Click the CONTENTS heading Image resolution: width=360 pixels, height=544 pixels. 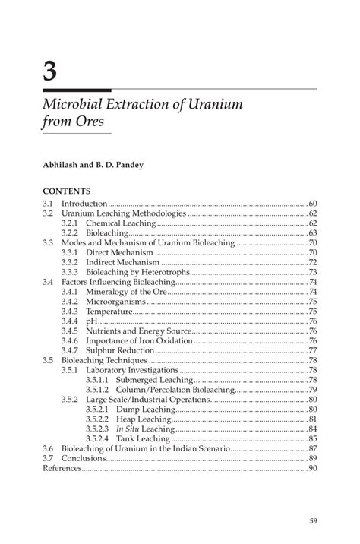67,191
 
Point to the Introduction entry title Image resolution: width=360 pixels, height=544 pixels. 85,204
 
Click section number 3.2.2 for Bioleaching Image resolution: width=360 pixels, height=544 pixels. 71,232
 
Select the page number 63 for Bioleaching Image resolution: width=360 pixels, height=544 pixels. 312,232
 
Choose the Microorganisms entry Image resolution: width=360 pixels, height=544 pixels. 116,301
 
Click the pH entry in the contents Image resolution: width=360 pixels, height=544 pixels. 91,321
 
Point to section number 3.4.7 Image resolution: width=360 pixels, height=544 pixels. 71,349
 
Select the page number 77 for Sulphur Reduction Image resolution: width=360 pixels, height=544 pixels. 312,349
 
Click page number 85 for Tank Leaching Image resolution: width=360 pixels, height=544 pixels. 312,438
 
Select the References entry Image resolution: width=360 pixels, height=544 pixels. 62,468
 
